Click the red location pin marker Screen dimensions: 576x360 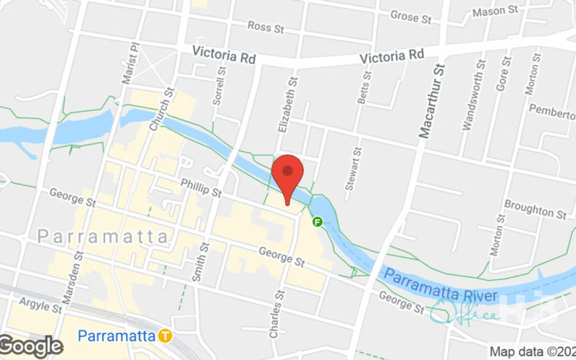tap(288, 174)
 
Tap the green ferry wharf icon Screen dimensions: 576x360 tap(317, 222)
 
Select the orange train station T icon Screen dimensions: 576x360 tap(166, 336)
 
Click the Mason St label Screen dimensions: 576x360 tap(495, 11)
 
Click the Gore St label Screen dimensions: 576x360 tap(503, 75)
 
